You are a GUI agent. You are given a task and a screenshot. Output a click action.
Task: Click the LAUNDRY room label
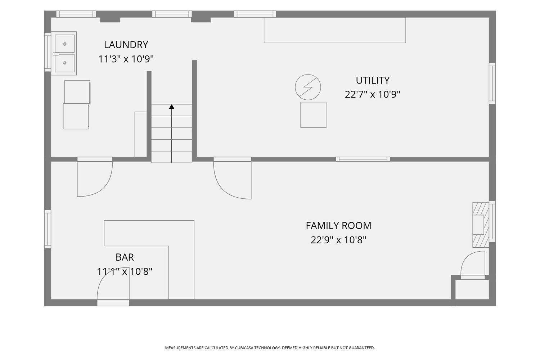point(126,45)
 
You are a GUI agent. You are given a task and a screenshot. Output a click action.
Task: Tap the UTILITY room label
point(373,80)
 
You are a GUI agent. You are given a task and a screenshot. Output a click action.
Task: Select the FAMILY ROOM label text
point(338,226)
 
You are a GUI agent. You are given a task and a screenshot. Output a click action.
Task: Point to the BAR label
point(125,257)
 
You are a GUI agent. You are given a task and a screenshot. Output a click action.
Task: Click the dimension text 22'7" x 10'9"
point(373,94)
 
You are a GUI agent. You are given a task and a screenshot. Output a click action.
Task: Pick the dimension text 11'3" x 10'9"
point(126,59)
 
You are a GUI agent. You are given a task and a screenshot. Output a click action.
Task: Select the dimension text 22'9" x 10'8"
point(338,240)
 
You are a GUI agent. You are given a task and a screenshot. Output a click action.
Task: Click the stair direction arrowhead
point(171,107)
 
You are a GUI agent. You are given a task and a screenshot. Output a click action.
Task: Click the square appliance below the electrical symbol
point(313,115)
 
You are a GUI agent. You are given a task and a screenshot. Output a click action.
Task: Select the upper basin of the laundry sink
point(64,44)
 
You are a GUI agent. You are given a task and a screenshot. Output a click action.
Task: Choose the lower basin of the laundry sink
point(64,63)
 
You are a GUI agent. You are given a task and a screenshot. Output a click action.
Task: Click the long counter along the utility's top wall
point(335,30)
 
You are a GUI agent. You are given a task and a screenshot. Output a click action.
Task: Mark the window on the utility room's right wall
point(492,84)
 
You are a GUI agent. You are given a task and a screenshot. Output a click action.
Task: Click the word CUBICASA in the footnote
point(244,348)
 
